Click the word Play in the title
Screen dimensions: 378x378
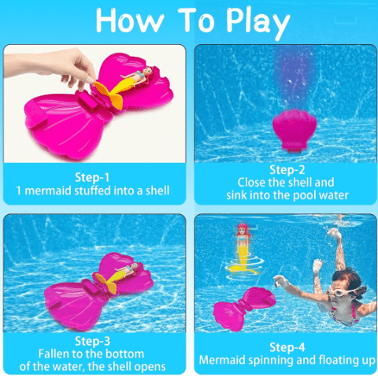pos(258,23)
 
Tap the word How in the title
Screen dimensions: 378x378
pos(130,20)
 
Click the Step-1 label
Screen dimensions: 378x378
pos(92,177)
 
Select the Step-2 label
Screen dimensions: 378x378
pos(287,170)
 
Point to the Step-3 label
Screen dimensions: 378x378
pos(92,341)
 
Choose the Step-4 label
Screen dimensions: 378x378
pos(287,347)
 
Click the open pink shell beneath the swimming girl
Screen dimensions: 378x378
pos(243,307)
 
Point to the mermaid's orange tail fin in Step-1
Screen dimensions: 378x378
pos(109,95)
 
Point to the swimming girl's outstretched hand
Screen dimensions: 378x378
pos(280,281)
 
